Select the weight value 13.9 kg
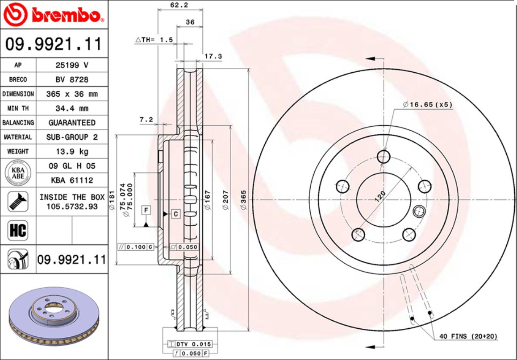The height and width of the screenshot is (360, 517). click(71, 151)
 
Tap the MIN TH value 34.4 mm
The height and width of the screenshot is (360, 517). click(71, 108)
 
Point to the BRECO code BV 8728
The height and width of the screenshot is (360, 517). click(71, 79)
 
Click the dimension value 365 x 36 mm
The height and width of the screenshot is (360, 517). click(71, 94)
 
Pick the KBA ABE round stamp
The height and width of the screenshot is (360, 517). click(17, 173)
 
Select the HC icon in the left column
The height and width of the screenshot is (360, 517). click(17, 231)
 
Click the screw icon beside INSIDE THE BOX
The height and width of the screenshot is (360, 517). click(17, 201)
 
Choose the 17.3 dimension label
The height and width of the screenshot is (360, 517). click(213, 56)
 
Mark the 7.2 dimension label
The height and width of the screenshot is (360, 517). click(146, 120)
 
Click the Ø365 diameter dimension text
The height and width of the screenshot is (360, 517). click(243, 203)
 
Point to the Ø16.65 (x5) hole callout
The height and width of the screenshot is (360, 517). click(427, 104)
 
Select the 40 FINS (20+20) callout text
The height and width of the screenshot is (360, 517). click(468, 336)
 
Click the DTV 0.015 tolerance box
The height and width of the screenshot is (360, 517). click(191, 344)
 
